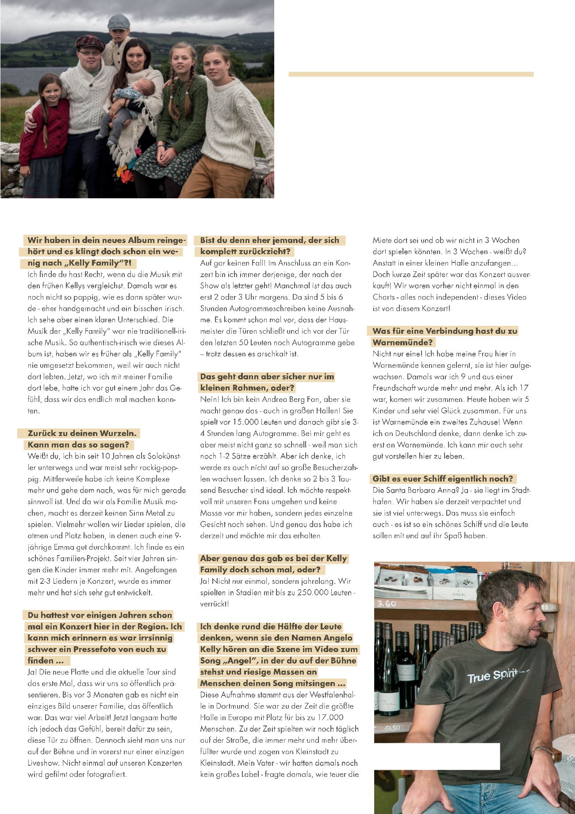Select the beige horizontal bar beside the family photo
pos(411,74)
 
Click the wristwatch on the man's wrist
pos(542,750)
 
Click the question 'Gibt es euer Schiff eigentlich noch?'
pos(443,478)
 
